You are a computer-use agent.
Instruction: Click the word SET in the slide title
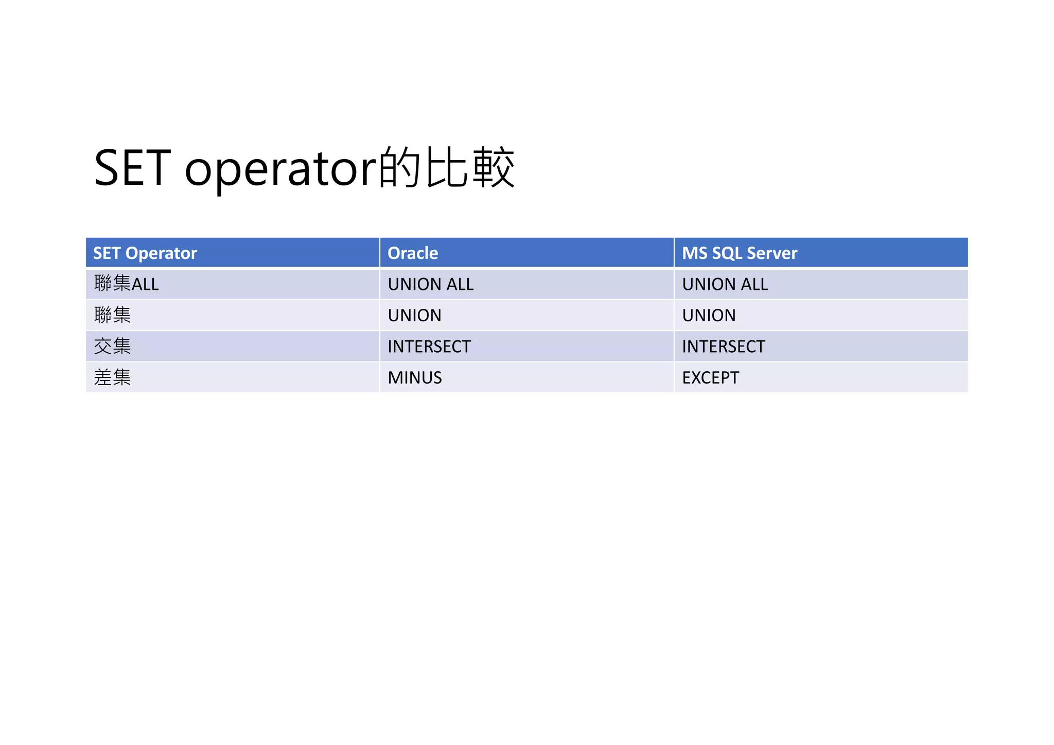pyautogui.click(x=132, y=168)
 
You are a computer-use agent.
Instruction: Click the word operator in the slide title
pyautogui.click(x=281, y=170)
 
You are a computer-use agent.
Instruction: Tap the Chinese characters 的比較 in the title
pyautogui.click(x=447, y=168)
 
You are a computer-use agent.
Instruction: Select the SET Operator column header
pyautogui.click(x=145, y=253)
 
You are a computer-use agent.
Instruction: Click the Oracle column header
pyautogui.click(x=413, y=253)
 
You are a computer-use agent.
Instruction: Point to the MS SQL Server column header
pyautogui.click(x=740, y=253)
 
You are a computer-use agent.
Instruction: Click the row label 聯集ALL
pyautogui.click(x=127, y=284)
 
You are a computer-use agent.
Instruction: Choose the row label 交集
pyautogui.click(x=112, y=346)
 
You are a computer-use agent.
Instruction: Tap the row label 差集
pyautogui.click(x=112, y=377)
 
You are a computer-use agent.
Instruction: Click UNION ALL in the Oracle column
pyautogui.click(x=431, y=284)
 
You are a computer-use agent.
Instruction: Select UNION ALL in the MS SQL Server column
pyautogui.click(x=725, y=284)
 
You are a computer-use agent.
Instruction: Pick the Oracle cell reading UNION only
pyautogui.click(x=415, y=315)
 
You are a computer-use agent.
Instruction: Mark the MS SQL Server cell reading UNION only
pyautogui.click(x=709, y=315)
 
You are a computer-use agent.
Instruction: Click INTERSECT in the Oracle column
pyautogui.click(x=429, y=346)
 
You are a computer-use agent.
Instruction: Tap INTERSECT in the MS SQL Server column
pyautogui.click(x=724, y=346)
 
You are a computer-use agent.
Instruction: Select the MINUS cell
pyautogui.click(x=415, y=378)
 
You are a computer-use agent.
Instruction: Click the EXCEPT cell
pyautogui.click(x=711, y=378)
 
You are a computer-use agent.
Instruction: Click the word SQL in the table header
pyautogui.click(x=727, y=253)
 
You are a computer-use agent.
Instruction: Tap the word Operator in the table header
pyautogui.click(x=161, y=253)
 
